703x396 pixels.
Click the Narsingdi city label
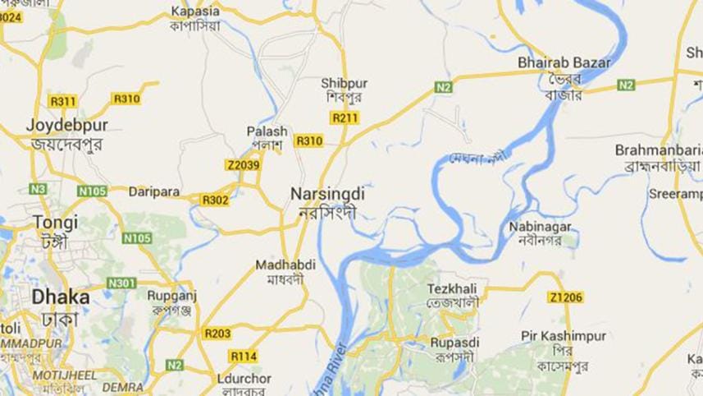[x=326, y=193]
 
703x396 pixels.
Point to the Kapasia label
[x=195, y=12]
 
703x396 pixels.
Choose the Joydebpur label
[x=67, y=126]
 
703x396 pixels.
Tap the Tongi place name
[x=56, y=222]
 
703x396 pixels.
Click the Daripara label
[x=153, y=191]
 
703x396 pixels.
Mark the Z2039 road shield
[x=243, y=165]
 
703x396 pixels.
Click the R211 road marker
[x=345, y=117]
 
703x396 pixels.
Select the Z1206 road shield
[x=566, y=297]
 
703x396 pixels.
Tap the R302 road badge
[x=215, y=199]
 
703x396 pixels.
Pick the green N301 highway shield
[x=121, y=283]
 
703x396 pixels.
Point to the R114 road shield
[x=244, y=356]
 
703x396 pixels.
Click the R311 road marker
[x=62, y=101]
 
